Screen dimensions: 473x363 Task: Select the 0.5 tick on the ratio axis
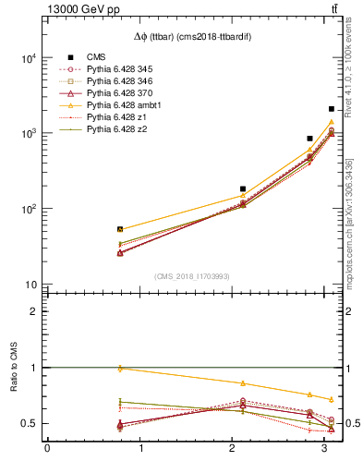point(28,423)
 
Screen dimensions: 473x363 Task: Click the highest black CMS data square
point(331,109)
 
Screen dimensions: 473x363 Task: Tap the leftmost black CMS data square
point(120,229)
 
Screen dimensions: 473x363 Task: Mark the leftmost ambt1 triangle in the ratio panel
point(120,369)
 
